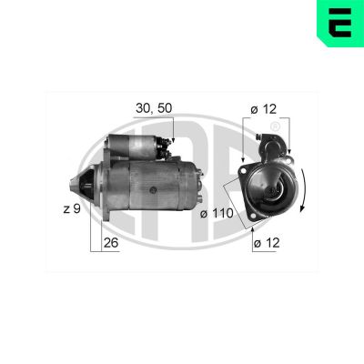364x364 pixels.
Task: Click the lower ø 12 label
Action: (x=265, y=243)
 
